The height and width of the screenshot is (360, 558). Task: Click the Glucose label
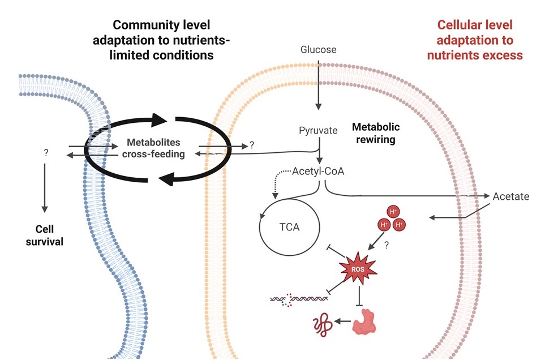318,50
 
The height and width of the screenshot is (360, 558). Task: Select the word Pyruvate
318,131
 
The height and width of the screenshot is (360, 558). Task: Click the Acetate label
510,196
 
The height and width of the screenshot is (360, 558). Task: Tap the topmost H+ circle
393,212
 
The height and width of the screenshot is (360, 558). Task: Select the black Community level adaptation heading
161,40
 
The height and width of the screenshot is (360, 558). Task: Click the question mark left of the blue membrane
45,153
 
